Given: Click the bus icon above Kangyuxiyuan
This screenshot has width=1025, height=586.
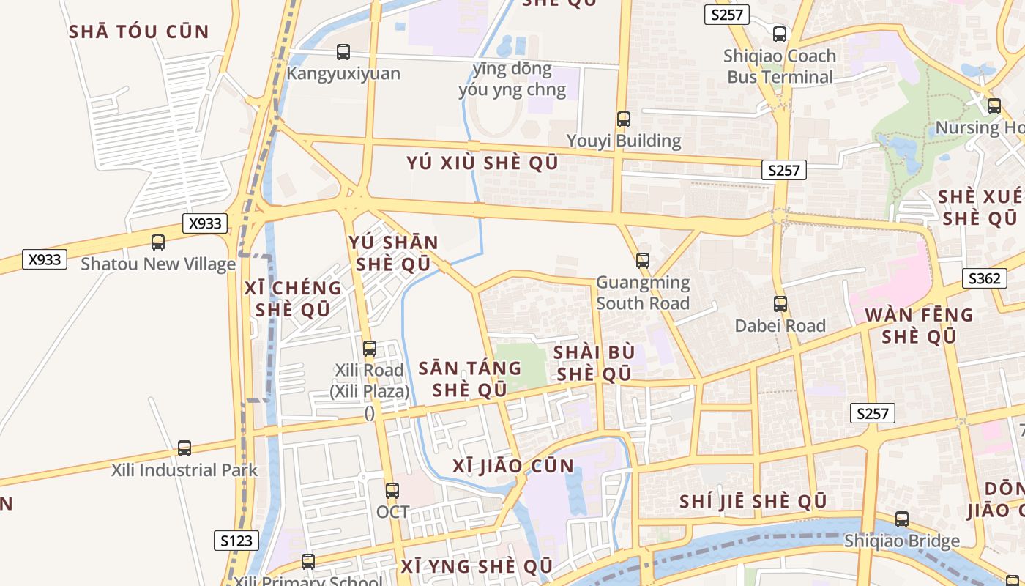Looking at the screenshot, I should point(343,52).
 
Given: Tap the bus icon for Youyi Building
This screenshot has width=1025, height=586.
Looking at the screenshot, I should point(623,119).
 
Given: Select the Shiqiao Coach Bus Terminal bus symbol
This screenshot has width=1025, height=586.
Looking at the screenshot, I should point(780,34).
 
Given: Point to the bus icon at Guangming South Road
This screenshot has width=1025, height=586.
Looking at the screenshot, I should point(642,260).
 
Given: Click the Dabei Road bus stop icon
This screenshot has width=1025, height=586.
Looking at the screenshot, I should point(780,303).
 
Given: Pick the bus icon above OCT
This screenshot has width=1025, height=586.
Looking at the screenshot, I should point(392,490).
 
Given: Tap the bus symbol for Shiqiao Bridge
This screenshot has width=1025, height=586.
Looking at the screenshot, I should point(902,519).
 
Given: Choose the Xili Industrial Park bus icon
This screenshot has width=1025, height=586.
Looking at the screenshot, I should point(184,448).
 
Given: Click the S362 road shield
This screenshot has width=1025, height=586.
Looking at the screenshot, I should point(983,278).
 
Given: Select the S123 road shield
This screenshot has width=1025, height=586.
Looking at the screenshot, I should point(236,541).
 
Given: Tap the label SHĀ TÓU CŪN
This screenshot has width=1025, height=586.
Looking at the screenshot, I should point(139,31).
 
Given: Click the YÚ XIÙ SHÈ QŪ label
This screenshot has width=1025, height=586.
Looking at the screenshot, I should point(482,163).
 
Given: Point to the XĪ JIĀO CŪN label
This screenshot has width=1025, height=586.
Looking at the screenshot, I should point(513,466).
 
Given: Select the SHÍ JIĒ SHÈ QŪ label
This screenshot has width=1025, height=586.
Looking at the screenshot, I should point(753,502).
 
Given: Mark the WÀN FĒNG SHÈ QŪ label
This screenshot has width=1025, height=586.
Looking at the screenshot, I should point(919,326).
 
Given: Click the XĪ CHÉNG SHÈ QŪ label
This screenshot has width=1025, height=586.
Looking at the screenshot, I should point(293,299).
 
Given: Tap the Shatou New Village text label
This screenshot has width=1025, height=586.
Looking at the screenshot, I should point(158,264).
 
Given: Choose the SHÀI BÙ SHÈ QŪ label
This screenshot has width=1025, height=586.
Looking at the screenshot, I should point(593,363).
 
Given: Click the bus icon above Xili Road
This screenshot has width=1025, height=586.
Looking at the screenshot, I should point(370,349).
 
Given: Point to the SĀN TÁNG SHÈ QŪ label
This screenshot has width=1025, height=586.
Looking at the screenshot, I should point(469,379).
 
